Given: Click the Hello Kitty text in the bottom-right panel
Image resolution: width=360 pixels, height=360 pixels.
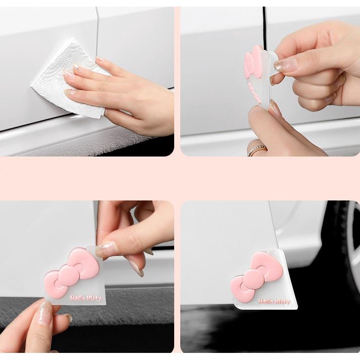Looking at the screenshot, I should pyautogui.click(x=274, y=301).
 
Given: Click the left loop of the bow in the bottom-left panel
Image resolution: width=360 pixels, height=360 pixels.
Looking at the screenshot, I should pyautogui.click(x=53, y=284).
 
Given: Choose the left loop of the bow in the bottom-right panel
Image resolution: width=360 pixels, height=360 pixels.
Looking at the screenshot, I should pyautogui.click(x=241, y=288).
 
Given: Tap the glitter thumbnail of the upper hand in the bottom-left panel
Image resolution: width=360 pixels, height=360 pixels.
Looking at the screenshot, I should pyautogui.click(x=107, y=248).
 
